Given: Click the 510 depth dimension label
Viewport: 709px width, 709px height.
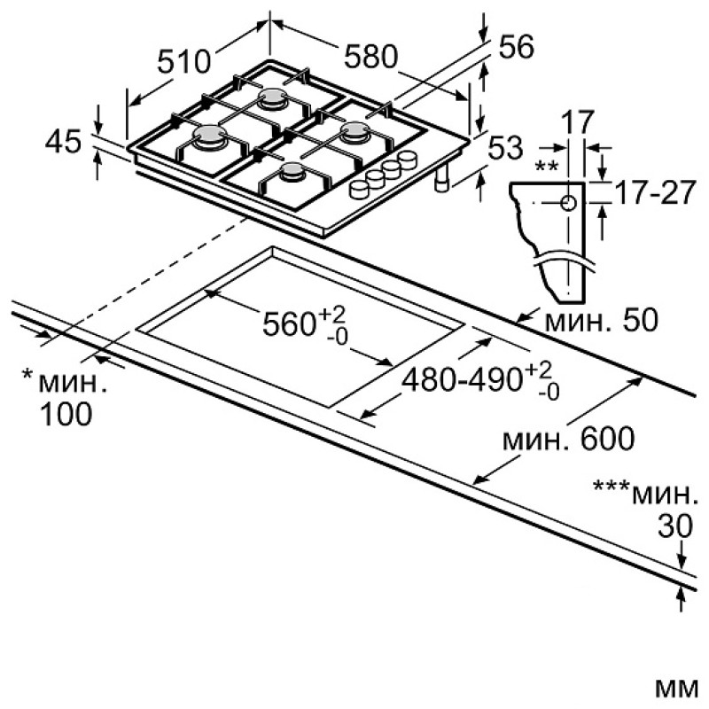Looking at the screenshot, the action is tap(184, 61).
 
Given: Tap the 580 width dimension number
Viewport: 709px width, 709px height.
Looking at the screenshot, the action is tap(370, 57).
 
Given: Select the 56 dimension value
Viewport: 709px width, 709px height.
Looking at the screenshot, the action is tap(516, 46).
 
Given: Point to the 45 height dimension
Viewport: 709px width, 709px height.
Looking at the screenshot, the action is tap(63, 141).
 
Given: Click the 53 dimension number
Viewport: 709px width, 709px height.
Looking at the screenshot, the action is tap(505, 147).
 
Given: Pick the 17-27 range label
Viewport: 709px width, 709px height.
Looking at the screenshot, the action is tap(654, 192).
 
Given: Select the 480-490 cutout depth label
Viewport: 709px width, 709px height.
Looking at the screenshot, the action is tap(481, 381).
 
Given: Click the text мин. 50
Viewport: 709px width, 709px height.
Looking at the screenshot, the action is tap(602, 321).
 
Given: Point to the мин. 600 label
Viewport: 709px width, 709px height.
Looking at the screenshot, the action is tap(569, 438).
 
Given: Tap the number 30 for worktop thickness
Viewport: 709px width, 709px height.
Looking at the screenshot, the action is tap(675, 526).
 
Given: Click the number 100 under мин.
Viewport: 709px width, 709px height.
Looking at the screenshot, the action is tap(66, 414).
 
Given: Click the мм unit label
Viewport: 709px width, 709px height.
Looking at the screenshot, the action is tap(676, 689).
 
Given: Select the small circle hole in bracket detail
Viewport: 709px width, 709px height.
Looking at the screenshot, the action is tap(568, 203).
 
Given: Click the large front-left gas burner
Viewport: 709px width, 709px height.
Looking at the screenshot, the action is tap(209, 136).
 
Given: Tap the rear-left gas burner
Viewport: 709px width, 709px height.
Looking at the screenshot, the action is tap(273, 97).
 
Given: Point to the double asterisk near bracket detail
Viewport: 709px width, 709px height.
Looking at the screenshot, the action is tap(546, 167).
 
